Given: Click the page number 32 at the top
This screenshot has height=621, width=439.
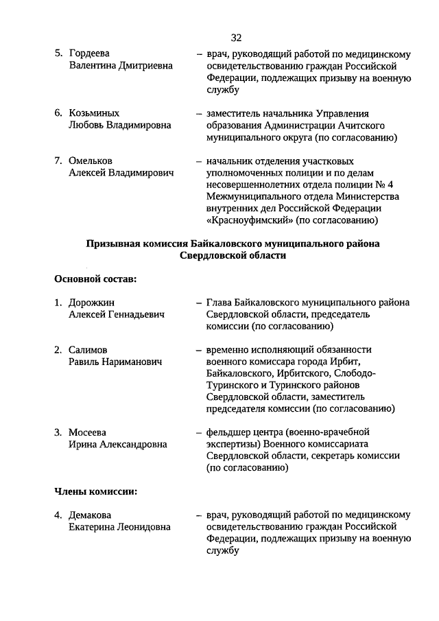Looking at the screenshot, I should [x=236, y=37].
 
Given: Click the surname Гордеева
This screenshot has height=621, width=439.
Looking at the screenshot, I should [x=90, y=54].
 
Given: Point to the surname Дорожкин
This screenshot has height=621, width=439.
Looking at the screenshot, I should [x=92, y=302].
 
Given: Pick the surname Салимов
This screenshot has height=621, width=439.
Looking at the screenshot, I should [x=89, y=349].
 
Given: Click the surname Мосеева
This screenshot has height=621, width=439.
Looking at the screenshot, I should [x=88, y=432].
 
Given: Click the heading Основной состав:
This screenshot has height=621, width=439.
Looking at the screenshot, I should [x=95, y=279].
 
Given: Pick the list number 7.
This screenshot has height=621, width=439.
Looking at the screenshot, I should [x=58, y=161].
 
